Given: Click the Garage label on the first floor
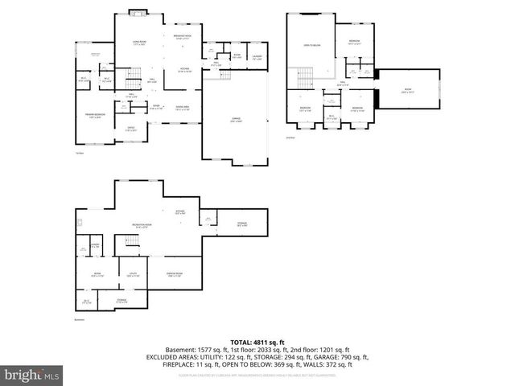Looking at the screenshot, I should [236, 121].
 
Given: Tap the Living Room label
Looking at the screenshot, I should [138, 44].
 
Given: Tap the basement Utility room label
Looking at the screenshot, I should [134, 275].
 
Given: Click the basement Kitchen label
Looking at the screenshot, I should [181, 213].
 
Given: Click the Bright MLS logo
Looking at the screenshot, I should [31, 375].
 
